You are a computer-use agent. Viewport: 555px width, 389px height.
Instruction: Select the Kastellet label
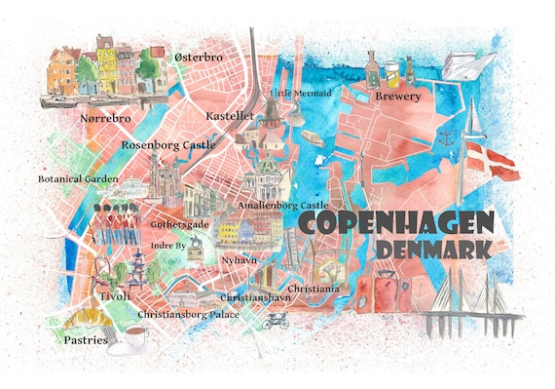point(231,115)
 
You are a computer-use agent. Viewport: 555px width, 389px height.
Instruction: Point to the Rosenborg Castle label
point(167,145)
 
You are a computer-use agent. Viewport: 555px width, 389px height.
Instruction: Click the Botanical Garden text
point(78,179)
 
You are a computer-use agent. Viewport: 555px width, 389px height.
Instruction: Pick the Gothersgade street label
point(178,223)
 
